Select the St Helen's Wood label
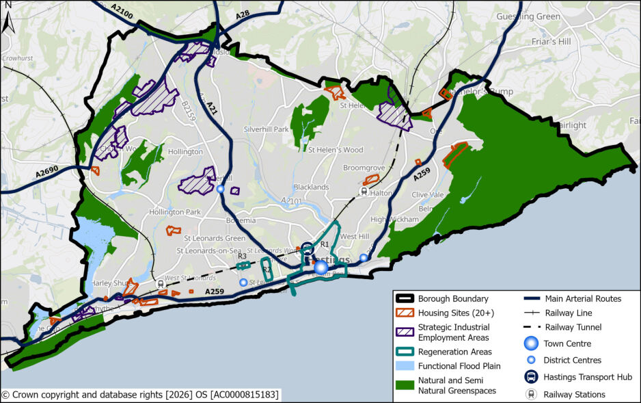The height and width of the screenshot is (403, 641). pos(336,149)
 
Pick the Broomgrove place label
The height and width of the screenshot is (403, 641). pos(364,167)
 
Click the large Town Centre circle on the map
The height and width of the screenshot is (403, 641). pos(320,267)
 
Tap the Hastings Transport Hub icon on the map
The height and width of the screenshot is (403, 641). pos(308,248)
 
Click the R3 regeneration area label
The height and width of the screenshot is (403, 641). pos(242,256)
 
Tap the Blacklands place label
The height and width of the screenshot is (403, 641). pos(311,187)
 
